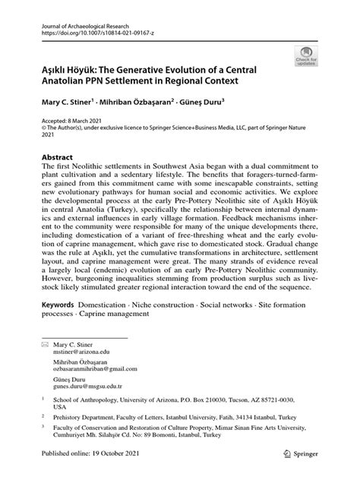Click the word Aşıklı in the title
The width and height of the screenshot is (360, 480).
pyautogui.click(x=57, y=69)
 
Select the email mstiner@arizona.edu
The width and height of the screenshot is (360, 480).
pyautogui.click(x=84, y=374)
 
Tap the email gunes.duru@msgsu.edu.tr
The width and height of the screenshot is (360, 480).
pyautogui.click(x=90, y=414)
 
